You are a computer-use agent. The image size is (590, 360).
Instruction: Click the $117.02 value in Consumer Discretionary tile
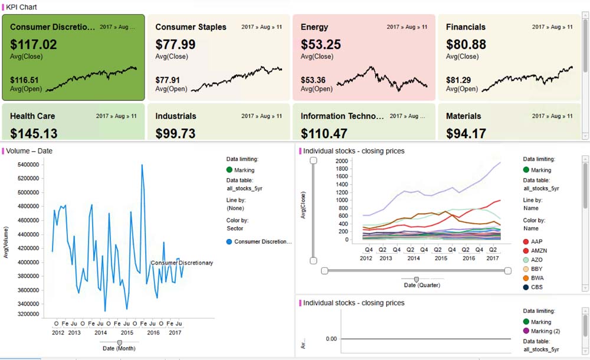(x=34, y=44)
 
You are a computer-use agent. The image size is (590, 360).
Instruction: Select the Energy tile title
(x=314, y=27)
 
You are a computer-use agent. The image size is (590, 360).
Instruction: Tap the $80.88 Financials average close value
(x=466, y=44)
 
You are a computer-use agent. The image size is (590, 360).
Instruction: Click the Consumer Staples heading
(x=191, y=27)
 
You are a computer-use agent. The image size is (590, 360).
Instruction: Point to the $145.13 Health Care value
(x=34, y=133)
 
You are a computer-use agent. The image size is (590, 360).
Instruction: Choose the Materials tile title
(x=463, y=116)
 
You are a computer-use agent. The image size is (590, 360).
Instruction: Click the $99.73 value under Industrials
(x=175, y=133)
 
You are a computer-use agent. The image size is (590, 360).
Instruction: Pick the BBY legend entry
(x=536, y=269)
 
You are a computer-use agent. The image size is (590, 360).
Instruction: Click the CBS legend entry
(x=537, y=287)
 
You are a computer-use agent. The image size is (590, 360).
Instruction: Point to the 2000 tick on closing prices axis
(x=342, y=161)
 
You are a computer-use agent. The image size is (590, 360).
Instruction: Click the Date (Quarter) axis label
(x=422, y=285)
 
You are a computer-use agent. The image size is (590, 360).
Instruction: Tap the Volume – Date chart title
(x=29, y=151)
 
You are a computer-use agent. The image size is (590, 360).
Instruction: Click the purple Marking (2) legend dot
(x=526, y=331)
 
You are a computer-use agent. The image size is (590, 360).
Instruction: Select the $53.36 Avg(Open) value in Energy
(x=313, y=80)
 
